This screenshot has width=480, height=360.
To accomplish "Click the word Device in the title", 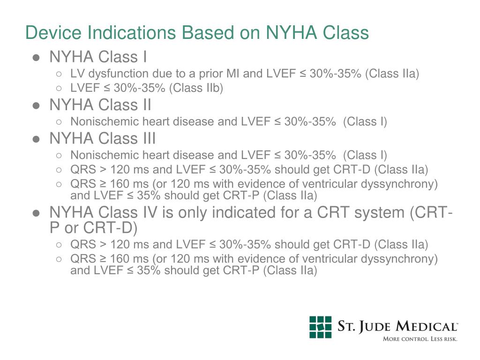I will pyautogui.click(x=52, y=33).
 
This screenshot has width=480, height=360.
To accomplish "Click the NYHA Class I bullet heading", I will pyautogui.click(x=98, y=57).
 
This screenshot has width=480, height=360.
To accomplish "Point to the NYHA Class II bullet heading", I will pyautogui.click(x=100, y=105).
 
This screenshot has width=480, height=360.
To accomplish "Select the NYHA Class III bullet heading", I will pyautogui.click(x=103, y=139).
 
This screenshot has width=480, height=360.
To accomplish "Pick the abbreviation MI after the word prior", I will pyautogui.click(x=232, y=74).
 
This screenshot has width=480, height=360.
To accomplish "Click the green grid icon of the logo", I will pyautogui.click(x=320, y=327).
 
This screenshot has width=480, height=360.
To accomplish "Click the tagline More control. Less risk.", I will pyautogui.click(x=420, y=339).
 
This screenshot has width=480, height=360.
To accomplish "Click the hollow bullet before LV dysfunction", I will pyautogui.click(x=59, y=74).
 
